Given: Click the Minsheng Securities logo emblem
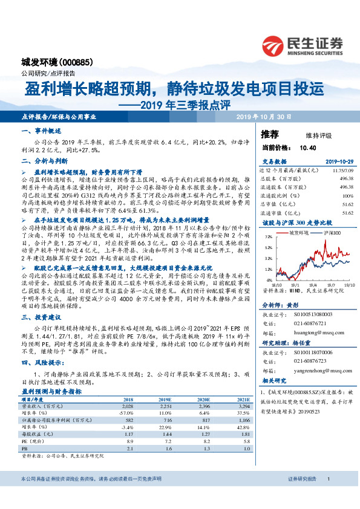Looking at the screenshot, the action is [x=274, y=45].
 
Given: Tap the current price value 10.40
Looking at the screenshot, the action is [x=309, y=147].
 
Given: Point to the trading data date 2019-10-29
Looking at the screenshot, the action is [x=337, y=161].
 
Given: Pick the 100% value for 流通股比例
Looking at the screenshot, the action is [x=347, y=196].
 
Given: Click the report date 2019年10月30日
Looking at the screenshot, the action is [x=263, y=116].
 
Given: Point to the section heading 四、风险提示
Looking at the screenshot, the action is [x=44, y=363].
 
